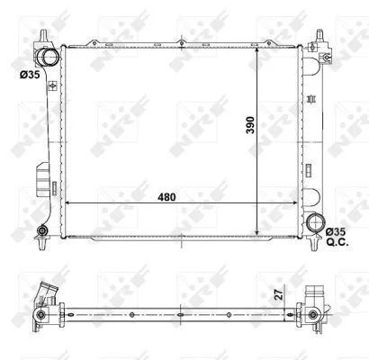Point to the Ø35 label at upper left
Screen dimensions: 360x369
[x=29, y=76]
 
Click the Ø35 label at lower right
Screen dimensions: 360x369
[x=335, y=232]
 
